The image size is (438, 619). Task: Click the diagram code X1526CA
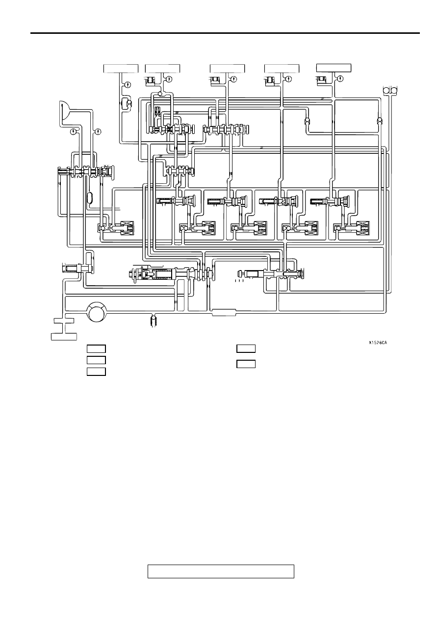pos(378,343)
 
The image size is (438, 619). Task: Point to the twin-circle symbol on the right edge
pos(390,90)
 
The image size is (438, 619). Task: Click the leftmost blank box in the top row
pos(121,68)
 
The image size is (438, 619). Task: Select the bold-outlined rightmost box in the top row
pos(334,68)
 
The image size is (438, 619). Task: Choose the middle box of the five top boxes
pos(227,68)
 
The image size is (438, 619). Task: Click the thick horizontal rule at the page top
pos(225,33)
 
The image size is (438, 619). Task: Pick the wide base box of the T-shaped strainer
pos(64,337)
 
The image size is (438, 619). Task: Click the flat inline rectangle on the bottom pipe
pos(224,313)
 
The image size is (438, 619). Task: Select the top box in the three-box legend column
pos(96,349)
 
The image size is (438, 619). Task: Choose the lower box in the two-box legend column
pos(246,364)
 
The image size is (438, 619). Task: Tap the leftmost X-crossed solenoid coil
pos(127,228)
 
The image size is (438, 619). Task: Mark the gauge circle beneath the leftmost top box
pos(128,85)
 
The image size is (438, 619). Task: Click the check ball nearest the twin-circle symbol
pos(380,121)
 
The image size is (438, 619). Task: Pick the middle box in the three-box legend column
pos(96,360)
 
